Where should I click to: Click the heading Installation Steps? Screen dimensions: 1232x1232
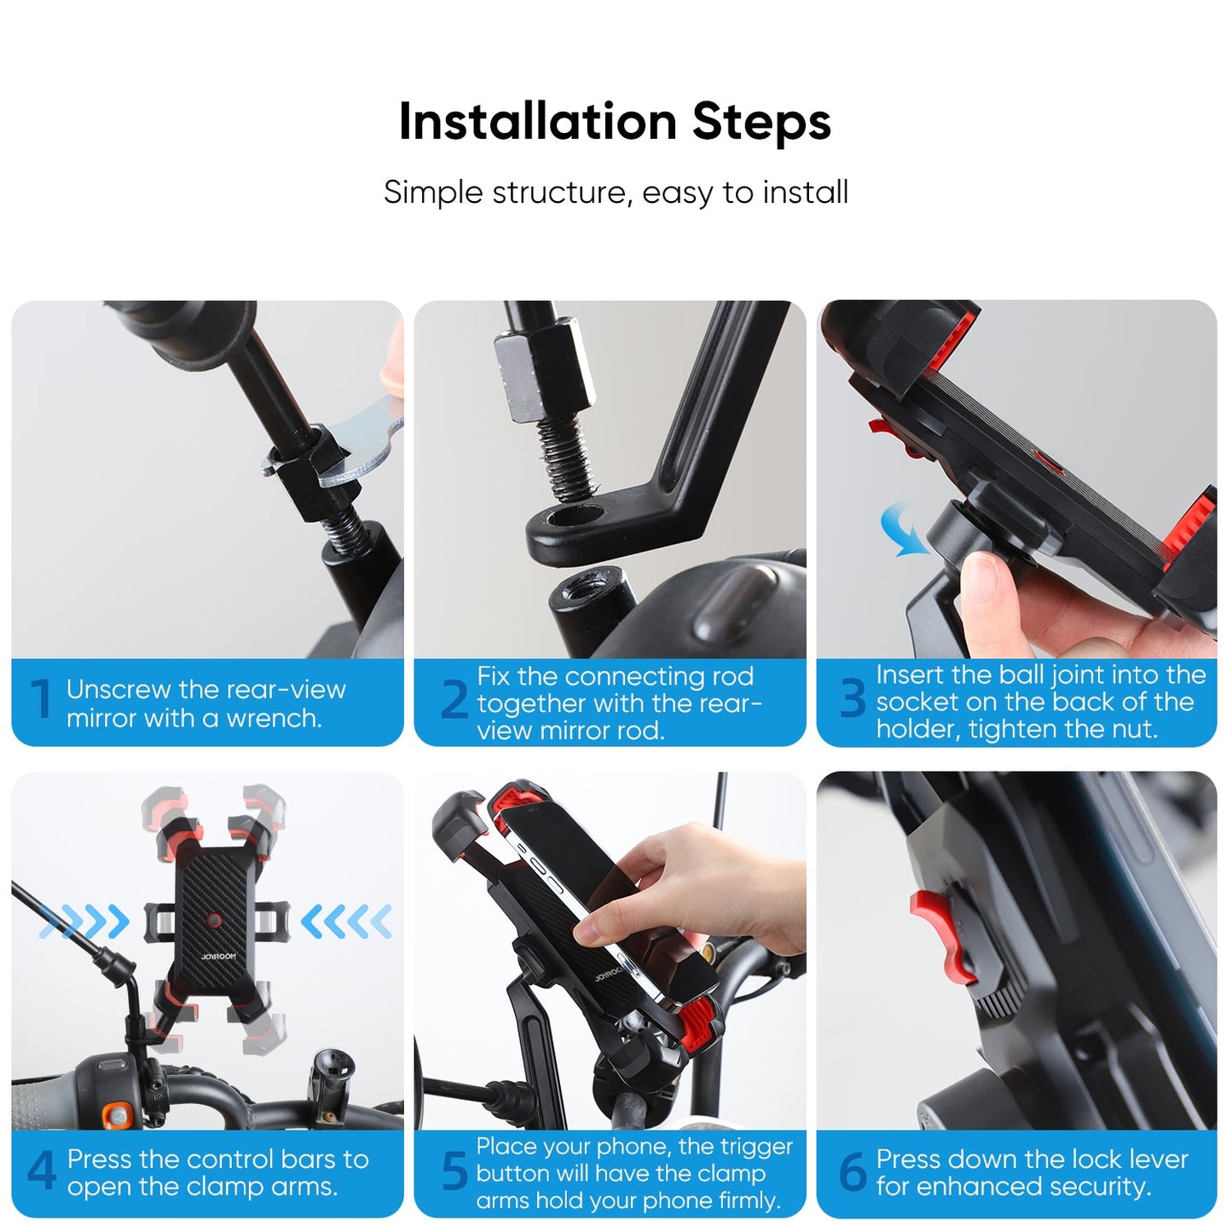point(615,121)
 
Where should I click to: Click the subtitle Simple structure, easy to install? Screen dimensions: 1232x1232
point(615,193)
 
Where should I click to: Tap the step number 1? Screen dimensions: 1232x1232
point(39,700)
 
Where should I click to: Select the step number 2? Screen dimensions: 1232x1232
point(454,700)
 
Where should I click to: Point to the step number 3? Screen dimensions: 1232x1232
point(852,700)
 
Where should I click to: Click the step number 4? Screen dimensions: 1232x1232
point(41,1171)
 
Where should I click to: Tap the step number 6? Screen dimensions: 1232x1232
point(852,1171)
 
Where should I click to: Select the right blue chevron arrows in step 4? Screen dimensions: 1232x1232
point(346,922)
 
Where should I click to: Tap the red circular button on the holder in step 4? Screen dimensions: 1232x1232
point(214,921)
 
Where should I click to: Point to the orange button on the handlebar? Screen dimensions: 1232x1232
point(118,1114)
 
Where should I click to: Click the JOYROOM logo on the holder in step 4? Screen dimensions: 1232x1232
point(218,957)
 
